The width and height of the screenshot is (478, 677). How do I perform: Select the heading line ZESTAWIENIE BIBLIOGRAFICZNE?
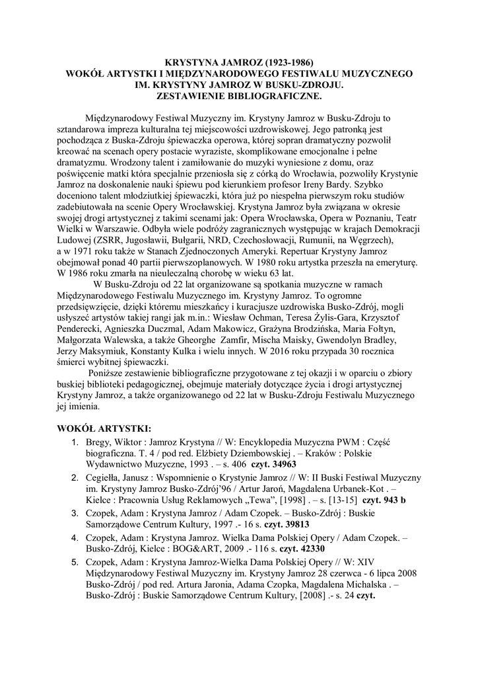pyautogui.click(x=239, y=95)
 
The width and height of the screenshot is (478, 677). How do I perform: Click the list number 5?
pyautogui.click(x=75, y=561)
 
